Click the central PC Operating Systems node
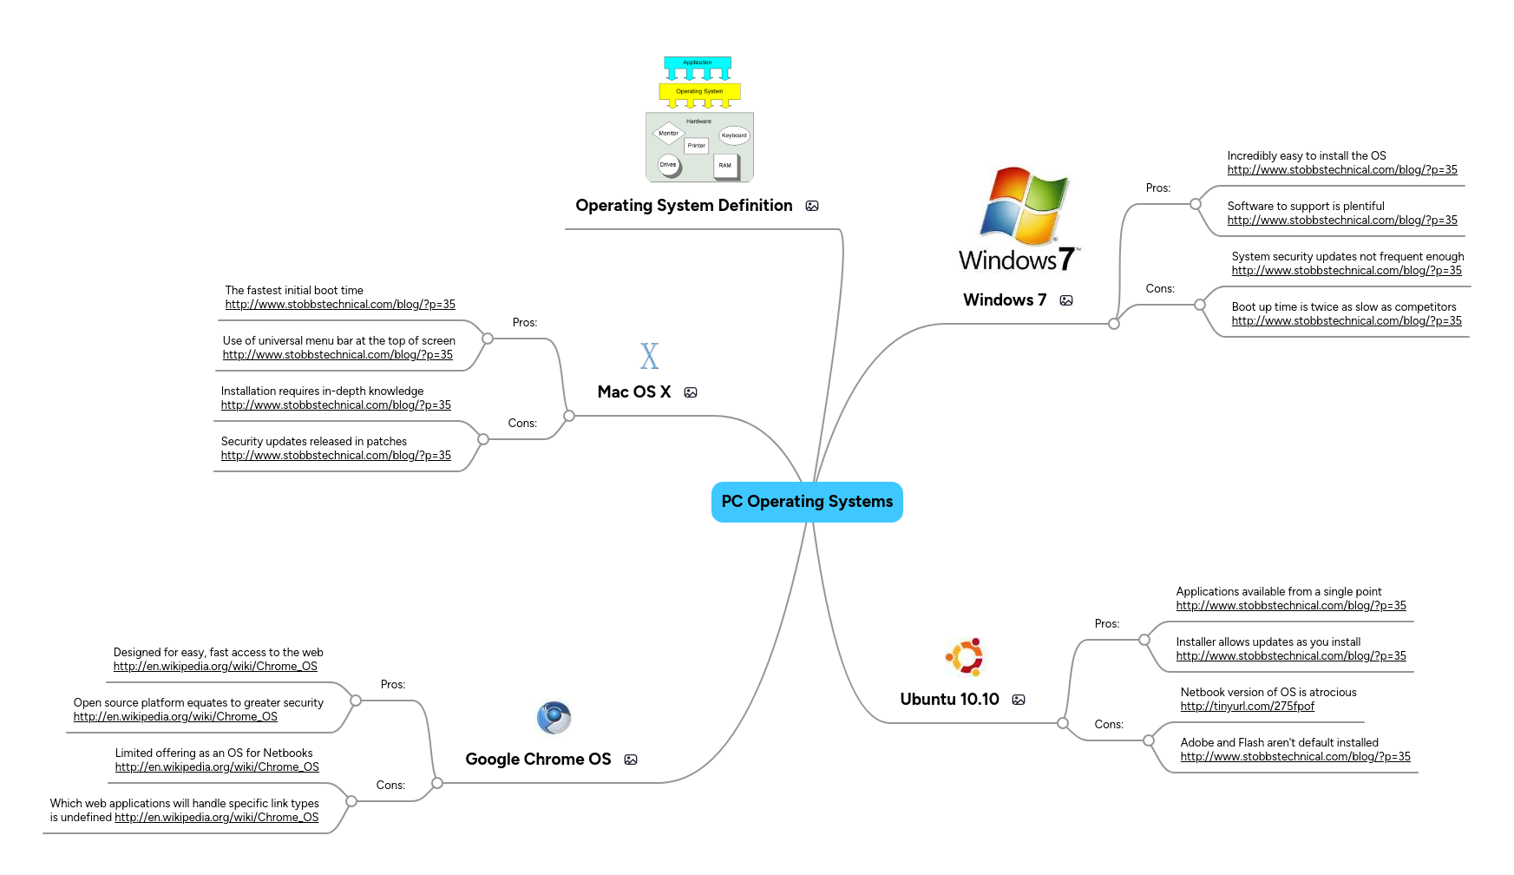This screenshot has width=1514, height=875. [x=807, y=502]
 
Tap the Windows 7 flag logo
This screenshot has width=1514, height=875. [x=1024, y=205]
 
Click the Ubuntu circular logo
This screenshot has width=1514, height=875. [x=965, y=657]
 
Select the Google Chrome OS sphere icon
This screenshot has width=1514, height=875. [x=554, y=718]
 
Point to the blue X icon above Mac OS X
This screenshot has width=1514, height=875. [x=649, y=356]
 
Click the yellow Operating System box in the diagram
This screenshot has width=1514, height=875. [x=699, y=91]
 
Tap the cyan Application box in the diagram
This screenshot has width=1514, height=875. [x=697, y=62]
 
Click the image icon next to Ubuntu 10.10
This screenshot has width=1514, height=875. [x=1019, y=700]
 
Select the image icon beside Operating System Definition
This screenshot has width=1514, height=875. [x=812, y=206]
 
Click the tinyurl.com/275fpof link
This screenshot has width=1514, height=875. [x=1247, y=707]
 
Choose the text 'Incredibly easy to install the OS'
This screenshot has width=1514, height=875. [x=1306, y=156]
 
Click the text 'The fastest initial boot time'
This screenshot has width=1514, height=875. [x=294, y=291]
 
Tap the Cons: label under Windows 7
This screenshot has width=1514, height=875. [x=1159, y=289]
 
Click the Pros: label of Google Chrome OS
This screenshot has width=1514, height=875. [x=392, y=685]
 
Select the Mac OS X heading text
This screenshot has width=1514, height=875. [x=634, y=392]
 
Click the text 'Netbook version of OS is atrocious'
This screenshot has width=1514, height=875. [x=1268, y=693]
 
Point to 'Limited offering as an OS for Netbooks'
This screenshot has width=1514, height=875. [x=213, y=753]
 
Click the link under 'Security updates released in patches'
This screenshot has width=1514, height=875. [x=336, y=456]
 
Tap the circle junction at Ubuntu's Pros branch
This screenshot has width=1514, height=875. [x=1144, y=640]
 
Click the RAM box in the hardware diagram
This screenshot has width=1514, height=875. [x=724, y=165]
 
